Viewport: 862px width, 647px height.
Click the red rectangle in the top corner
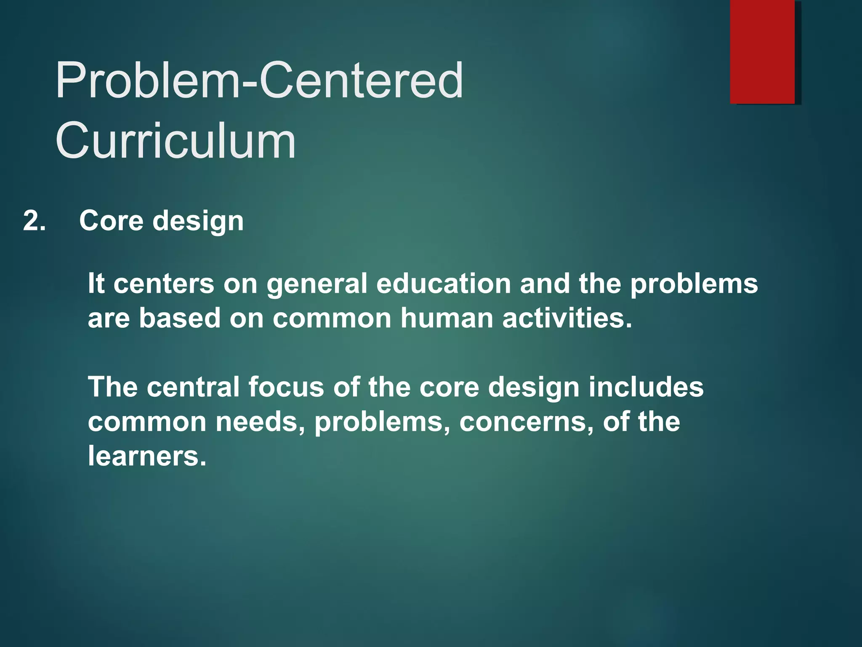(x=762, y=51)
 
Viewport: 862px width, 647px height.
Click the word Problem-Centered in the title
(x=259, y=80)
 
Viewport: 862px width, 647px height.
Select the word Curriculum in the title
(x=176, y=140)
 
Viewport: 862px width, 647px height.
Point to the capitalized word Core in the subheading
(x=111, y=220)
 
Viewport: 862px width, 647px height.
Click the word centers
(x=164, y=283)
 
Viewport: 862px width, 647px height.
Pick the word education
(x=443, y=283)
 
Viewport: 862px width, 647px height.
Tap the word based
(x=180, y=318)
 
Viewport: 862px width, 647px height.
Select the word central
(x=193, y=387)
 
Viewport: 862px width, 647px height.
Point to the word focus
(x=286, y=387)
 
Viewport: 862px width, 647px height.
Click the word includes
(x=646, y=387)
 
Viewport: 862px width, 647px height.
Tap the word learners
(x=147, y=456)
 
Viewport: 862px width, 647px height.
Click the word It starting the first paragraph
(x=96, y=283)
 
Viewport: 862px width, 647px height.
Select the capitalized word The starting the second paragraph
(x=112, y=387)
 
